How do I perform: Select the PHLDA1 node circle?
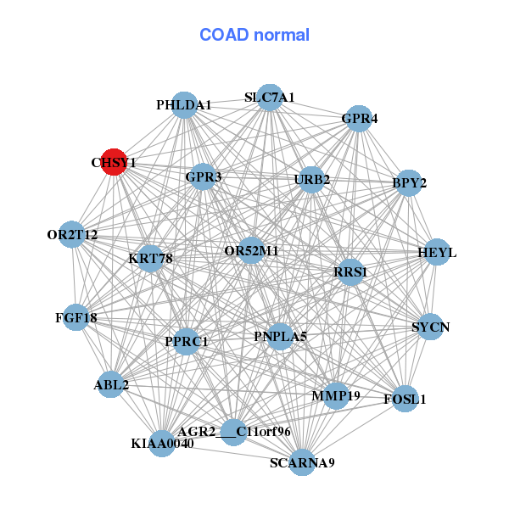pyautogui.click(x=184, y=105)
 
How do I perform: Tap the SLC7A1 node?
pyautogui.click(x=269, y=98)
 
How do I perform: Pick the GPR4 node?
pyautogui.click(x=358, y=120)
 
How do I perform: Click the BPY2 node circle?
pyautogui.click(x=409, y=183)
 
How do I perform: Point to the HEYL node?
pyautogui.click(x=436, y=253)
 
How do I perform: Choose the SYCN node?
pyautogui.click(x=430, y=327)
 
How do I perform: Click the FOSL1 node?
pyautogui.click(x=405, y=399)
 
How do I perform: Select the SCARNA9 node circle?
pyautogui.click(x=302, y=462)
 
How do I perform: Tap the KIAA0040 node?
pyautogui.click(x=162, y=443)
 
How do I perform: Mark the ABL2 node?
pyautogui.click(x=112, y=385)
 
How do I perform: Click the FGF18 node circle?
pyautogui.click(x=76, y=318)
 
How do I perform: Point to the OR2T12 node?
pyautogui.click(x=72, y=234)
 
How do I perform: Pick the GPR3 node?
pyautogui.click(x=203, y=177)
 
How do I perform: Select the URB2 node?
pyautogui.click(x=311, y=179)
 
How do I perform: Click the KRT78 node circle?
pyautogui.click(x=150, y=258)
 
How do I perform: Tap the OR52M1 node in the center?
pyautogui.click(x=251, y=251)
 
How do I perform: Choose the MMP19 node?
pyautogui.click(x=336, y=395)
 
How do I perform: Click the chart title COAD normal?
pyautogui.click(x=255, y=36)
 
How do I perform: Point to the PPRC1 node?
pyautogui.click(x=186, y=342)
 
